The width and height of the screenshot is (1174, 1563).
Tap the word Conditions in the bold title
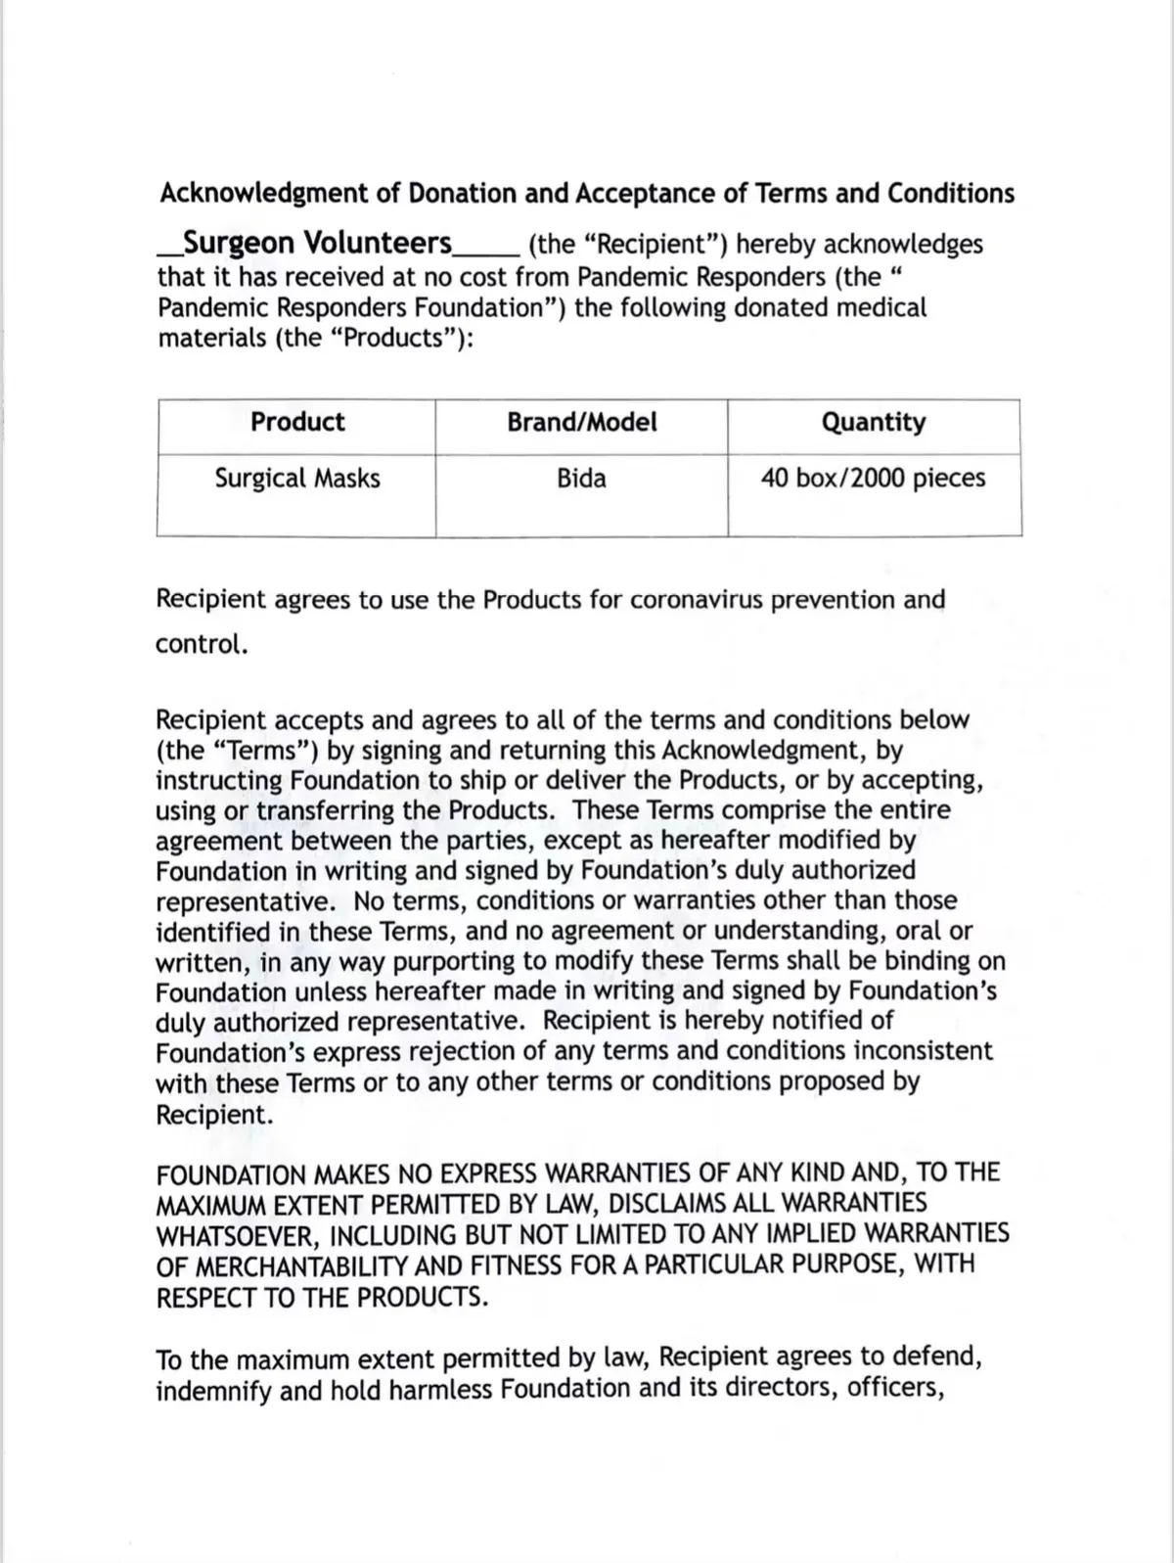click(x=951, y=194)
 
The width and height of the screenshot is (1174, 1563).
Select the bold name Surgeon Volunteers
click(x=318, y=243)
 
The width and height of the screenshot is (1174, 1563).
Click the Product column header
click(x=297, y=422)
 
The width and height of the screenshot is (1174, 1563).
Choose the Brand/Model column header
click(x=581, y=422)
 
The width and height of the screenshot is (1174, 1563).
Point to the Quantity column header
click(x=873, y=422)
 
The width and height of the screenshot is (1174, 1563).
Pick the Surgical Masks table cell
click(x=297, y=479)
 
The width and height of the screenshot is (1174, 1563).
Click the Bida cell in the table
click(x=581, y=479)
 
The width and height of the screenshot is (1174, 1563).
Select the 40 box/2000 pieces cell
click(x=873, y=479)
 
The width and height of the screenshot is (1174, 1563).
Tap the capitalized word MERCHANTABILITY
click(x=301, y=1264)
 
